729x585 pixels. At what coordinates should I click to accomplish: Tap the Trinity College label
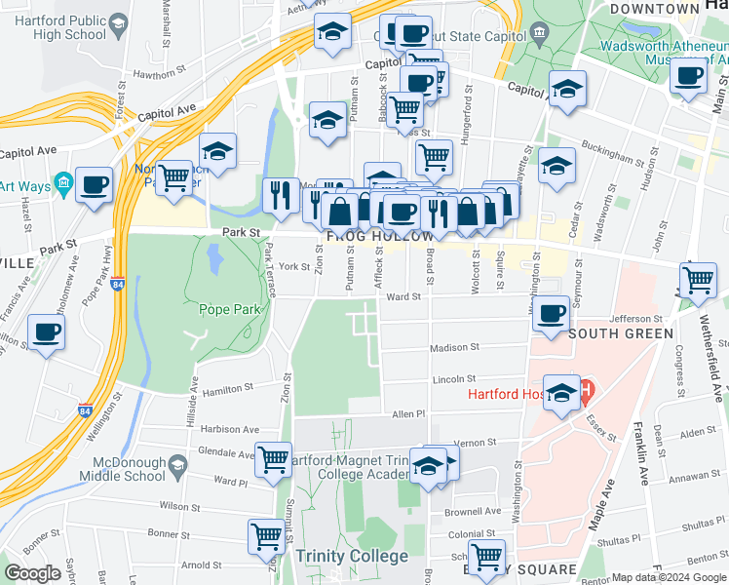coord(352,557)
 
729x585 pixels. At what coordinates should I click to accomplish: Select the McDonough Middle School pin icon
coord(177,463)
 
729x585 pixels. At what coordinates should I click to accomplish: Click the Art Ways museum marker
coord(63,182)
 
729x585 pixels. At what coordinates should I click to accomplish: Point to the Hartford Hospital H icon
coord(587,395)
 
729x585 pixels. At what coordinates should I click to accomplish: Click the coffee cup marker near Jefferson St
coord(552,314)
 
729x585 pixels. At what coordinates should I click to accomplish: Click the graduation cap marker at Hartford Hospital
coord(561,393)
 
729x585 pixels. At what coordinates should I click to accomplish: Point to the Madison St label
coord(454,347)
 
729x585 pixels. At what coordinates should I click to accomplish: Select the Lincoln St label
coord(454,378)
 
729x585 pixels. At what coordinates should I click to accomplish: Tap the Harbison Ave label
coord(230,429)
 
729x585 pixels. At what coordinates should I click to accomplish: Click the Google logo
coord(33,573)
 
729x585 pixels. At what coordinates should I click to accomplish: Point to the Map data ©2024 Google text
coord(668,577)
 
